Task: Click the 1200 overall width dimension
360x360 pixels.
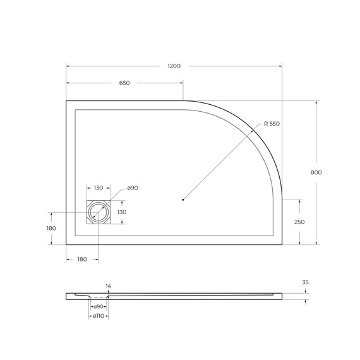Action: pos(174,66)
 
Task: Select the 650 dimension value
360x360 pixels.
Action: pos(124,83)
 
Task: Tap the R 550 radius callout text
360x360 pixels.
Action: pos(271,124)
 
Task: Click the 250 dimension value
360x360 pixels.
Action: pos(299,222)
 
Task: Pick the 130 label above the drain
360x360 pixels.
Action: pos(99,188)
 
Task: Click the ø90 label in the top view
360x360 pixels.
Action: pos(132,188)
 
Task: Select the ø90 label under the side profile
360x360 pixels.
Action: pos(99,306)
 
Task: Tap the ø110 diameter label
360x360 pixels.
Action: pos(98,316)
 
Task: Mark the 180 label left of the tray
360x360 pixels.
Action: pos(51,228)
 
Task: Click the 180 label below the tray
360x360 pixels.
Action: pos(82,260)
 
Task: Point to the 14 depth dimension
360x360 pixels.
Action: pos(108,286)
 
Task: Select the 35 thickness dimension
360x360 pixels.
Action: pos(305,283)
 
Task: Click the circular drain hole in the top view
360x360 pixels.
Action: pos(99,212)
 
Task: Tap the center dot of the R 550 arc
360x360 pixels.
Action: pos(183,200)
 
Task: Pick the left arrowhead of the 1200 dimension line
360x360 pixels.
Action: pos(68,66)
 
